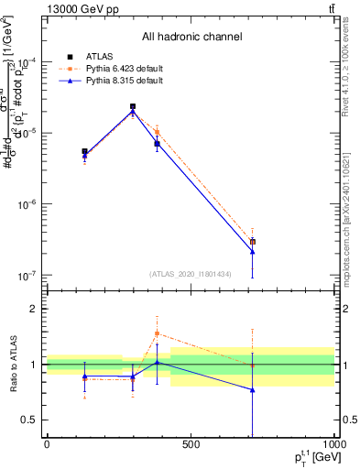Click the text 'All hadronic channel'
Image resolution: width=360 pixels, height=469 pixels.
(x=191, y=38)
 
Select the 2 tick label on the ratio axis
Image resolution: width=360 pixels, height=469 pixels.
(x=32, y=309)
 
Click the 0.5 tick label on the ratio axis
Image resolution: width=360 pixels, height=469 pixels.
(x=30, y=420)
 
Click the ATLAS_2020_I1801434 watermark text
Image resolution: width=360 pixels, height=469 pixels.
(x=190, y=274)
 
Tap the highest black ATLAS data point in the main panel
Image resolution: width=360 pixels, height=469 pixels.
(x=133, y=106)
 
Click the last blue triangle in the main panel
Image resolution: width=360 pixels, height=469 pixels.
(x=252, y=251)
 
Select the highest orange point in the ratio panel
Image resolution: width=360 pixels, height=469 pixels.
(x=157, y=333)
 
